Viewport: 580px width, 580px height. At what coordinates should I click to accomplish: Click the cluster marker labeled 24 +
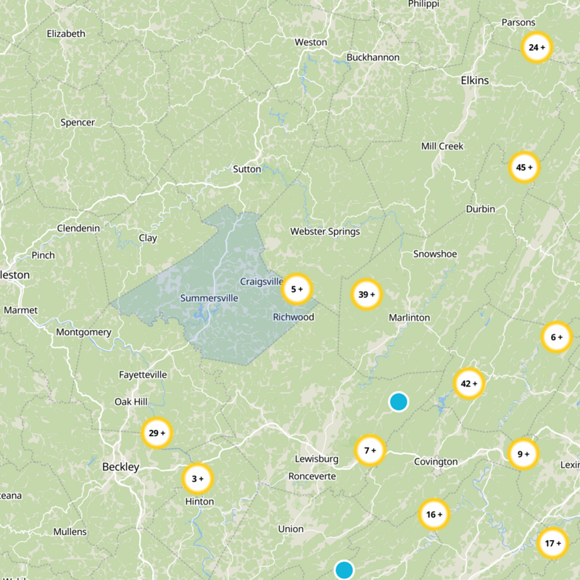coord(536,48)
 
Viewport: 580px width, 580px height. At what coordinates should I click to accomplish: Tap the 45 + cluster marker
coord(523,167)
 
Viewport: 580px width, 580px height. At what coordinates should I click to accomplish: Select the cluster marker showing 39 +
coord(367,294)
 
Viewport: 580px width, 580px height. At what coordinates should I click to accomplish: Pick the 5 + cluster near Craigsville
coord(297,289)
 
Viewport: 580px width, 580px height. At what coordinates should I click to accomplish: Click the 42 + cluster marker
coord(469,384)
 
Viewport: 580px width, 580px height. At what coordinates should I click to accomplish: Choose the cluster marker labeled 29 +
coord(157,434)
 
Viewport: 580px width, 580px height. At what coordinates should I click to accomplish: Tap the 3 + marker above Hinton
coord(196,478)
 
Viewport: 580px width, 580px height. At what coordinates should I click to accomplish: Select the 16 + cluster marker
coord(434,515)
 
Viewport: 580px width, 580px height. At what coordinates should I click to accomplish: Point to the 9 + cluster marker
coord(523,454)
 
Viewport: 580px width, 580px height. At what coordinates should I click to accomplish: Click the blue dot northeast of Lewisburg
coord(398,402)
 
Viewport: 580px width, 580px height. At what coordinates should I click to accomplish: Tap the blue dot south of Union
coord(344,570)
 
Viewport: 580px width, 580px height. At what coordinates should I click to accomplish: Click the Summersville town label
coord(209,298)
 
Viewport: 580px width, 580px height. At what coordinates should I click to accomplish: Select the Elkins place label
coord(475,80)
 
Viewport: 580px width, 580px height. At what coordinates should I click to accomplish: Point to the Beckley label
coord(120,467)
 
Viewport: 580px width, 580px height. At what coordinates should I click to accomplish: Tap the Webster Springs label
coord(325,231)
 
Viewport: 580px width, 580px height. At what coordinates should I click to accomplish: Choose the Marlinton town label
coord(409,318)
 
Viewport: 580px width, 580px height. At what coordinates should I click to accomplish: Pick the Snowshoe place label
coord(435,254)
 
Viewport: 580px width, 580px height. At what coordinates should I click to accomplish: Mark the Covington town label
coord(436,462)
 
